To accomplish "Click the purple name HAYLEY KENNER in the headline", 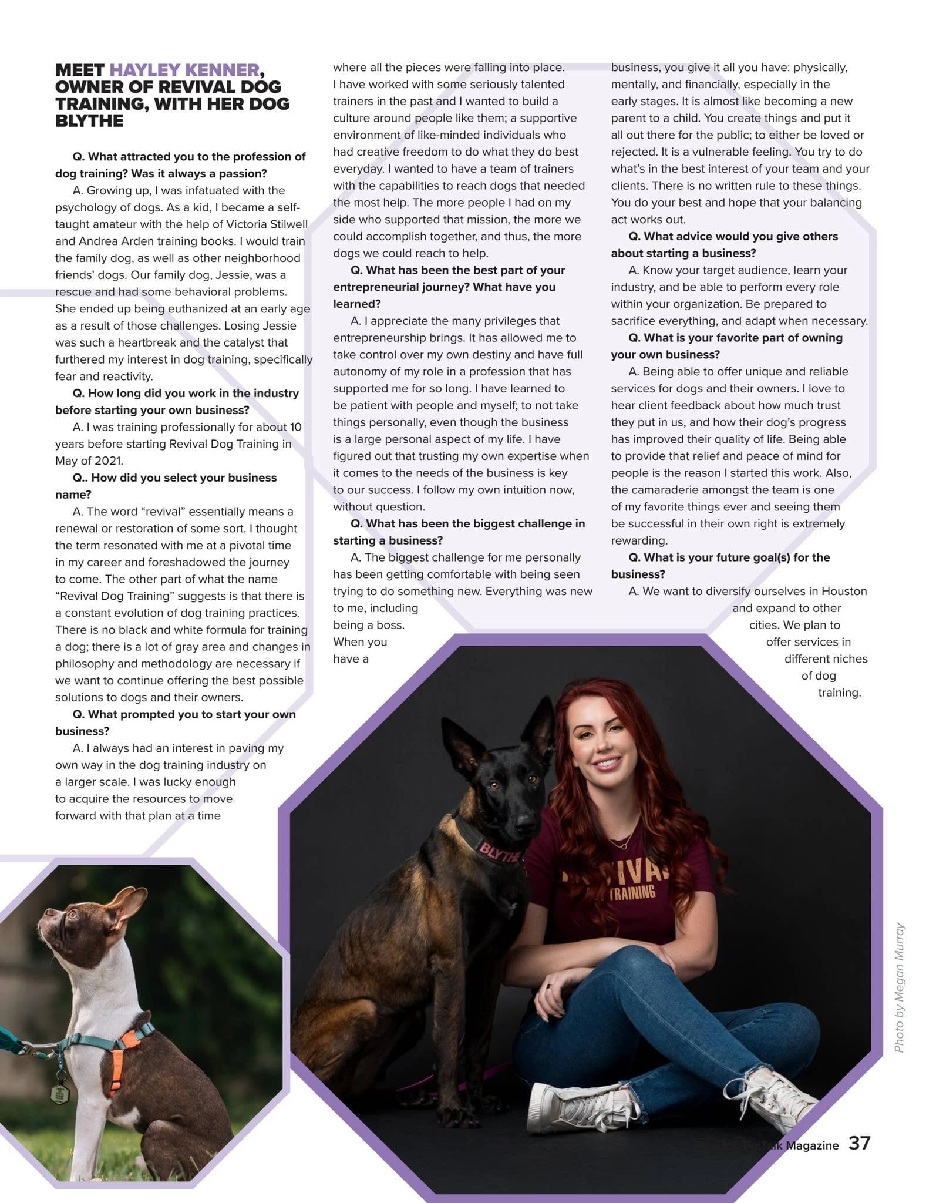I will point(184,70).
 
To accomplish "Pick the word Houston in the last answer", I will point(844,591).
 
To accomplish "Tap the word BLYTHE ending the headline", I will point(89,121).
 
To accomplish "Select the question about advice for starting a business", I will point(725,244).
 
